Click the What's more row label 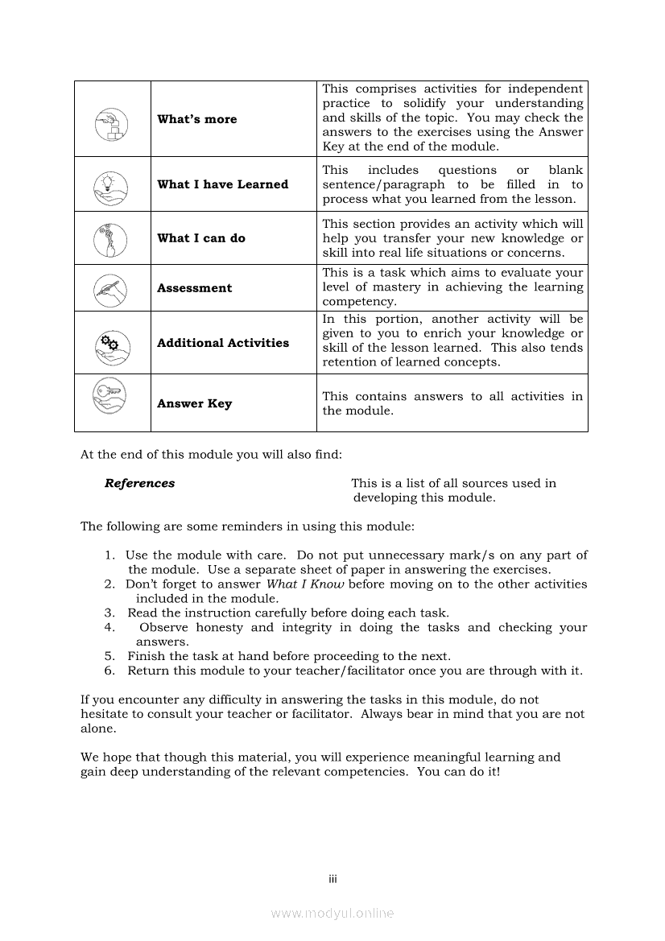197,119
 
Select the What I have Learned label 222,184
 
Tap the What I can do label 201,238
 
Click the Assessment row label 194,288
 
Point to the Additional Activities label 223,343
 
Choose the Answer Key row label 194,403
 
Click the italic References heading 139,484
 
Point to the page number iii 332,879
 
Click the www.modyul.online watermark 332,913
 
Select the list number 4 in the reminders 109,628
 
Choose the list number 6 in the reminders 109,671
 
